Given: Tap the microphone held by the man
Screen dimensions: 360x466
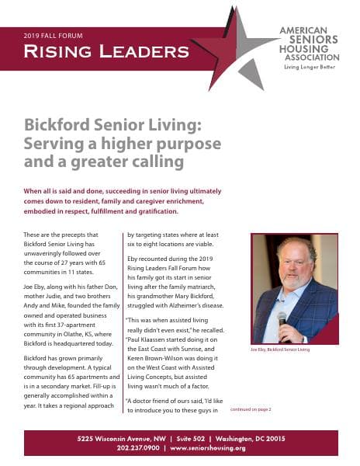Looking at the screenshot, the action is click(x=282, y=319).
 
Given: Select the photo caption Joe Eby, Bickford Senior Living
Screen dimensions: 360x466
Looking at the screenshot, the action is click(x=280, y=350).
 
